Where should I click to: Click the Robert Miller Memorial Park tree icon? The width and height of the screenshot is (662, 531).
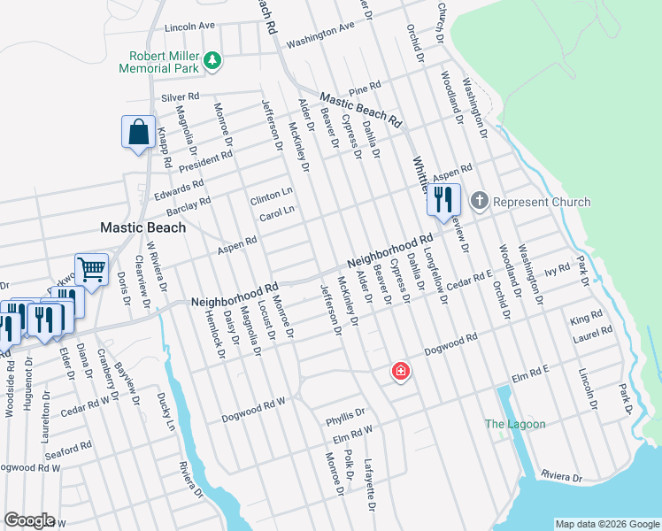click(212, 60)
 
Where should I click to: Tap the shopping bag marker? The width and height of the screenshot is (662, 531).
click(139, 134)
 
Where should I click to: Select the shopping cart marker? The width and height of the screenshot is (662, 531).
click(91, 268)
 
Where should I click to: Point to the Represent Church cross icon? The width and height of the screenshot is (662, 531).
click(479, 201)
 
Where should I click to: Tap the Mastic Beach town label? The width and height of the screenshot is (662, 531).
click(142, 227)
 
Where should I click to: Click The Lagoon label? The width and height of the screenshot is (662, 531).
click(515, 424)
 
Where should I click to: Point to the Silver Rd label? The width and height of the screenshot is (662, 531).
click(181, 96)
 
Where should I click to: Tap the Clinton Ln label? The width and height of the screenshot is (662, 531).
click(271, 194)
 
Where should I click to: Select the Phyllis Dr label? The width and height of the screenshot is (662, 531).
click(345, 413)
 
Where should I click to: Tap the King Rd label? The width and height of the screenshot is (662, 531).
click(586, 316)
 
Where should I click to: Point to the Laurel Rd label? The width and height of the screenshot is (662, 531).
click(593, 333)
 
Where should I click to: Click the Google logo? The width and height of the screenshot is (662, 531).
click(30, 520)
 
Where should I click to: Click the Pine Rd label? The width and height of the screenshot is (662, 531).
click(364, 88)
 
